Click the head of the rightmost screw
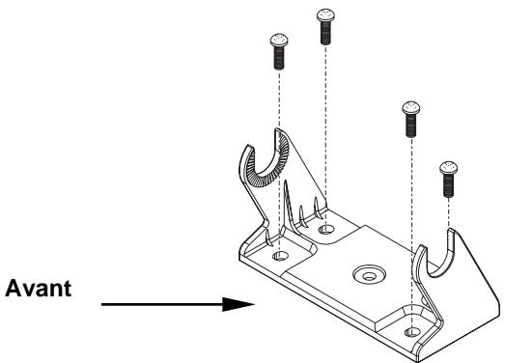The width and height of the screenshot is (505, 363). point(447,169)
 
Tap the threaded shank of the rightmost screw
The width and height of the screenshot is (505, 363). point(447,185)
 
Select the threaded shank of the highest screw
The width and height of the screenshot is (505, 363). point(325,33)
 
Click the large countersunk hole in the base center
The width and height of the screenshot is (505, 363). point(365,274)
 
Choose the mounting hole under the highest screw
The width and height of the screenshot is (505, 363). point(326,230)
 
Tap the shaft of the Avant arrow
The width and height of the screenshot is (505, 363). point(164,305)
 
